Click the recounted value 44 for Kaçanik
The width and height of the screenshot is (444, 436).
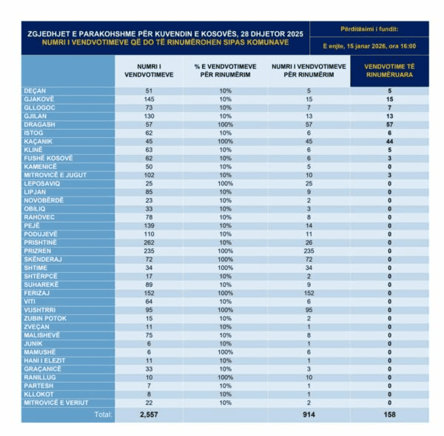click(x=388, y=141)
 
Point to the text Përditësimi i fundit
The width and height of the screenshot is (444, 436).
click(x=369, y=29)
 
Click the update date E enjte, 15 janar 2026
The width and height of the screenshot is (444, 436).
click(x=369, y=46)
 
